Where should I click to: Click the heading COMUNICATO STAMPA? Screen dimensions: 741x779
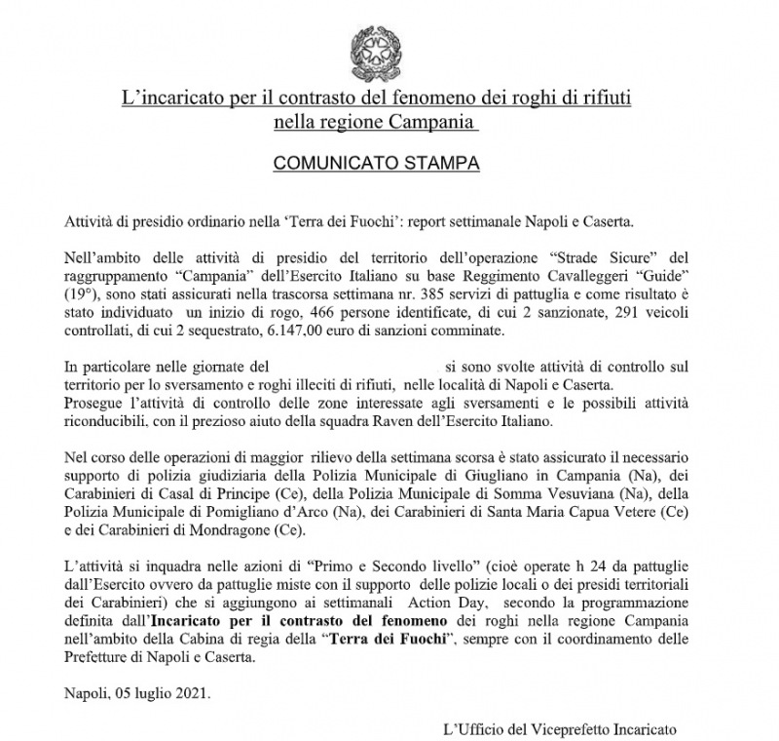[376, 163]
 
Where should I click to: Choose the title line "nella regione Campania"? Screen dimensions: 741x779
[376, 124]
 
